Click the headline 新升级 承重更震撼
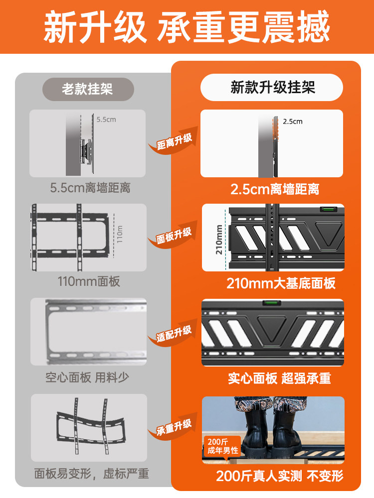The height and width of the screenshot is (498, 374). [x=187, y=27]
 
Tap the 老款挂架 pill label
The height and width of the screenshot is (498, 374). [x=87, y=89]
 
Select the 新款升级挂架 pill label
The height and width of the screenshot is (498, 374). [x=272, y=88]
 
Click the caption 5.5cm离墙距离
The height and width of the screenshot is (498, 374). [x=90, y=188]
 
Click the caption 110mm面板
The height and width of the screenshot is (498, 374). [x=89, y=281]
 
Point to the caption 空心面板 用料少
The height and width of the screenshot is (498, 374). [x=87, y=377]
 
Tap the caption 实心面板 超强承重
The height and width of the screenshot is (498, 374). [x=279, y=378]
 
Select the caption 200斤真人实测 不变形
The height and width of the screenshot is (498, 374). [x=279, y=476]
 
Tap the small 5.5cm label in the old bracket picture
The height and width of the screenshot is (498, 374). [x=106, y=120]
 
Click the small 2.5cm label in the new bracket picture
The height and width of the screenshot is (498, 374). [x=293, y=121]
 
